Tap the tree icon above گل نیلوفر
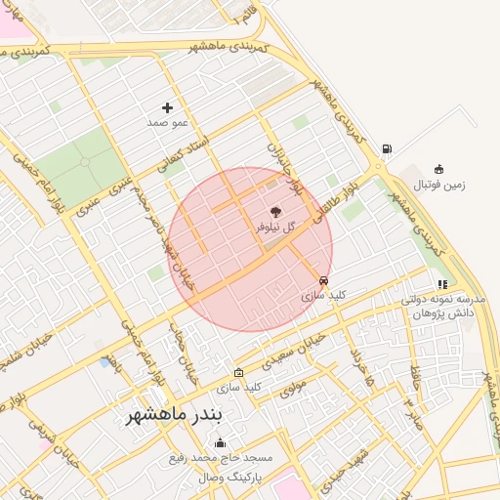275,210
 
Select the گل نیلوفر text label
274,226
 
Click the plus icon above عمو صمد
167,107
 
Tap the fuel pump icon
388,149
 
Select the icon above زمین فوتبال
438,169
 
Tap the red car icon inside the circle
324,279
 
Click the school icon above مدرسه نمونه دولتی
442,284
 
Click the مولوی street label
294,388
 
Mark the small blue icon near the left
104,362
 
